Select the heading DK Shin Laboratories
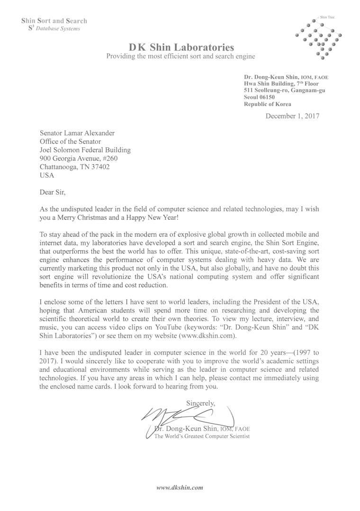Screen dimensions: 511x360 click(181, 47)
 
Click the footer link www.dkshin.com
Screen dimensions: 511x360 click(180, 487)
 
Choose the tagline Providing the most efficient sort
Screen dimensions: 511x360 click(180, 56)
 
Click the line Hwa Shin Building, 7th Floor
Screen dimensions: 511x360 click(281, 83)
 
